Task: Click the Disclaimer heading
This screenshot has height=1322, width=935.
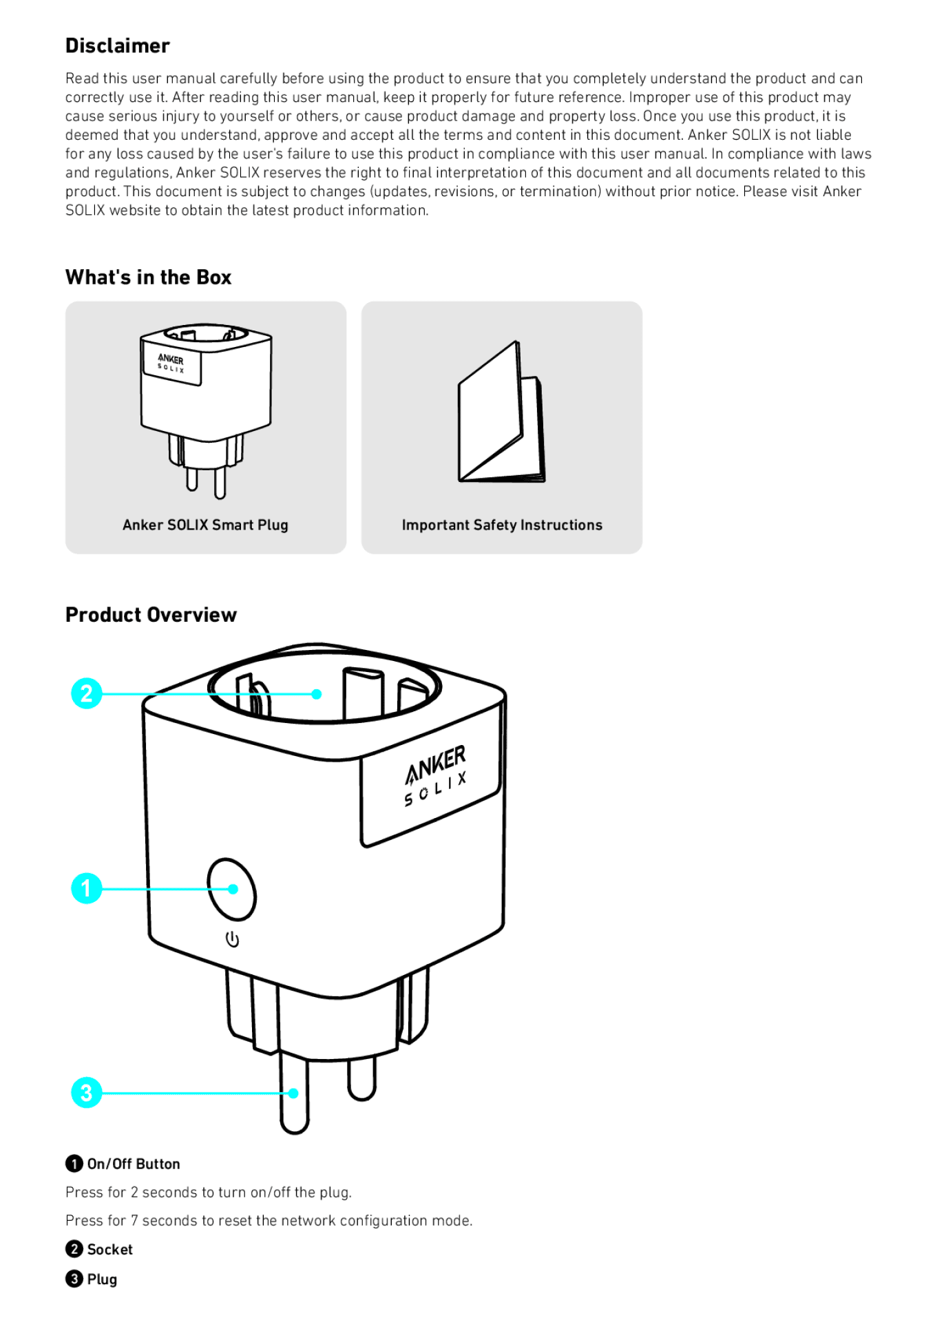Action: [x=117, y=45]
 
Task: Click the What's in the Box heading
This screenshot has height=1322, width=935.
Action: [x=148, y=277]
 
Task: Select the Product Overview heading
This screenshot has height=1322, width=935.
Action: [x=151, y=614]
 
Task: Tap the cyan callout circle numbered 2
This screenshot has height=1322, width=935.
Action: [x=87, y=693]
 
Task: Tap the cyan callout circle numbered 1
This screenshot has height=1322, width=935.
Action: [x=87, y=888]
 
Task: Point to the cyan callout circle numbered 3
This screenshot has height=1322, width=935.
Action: [x=87, y=1092]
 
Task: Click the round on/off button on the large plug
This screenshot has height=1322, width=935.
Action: [x=232, y=889]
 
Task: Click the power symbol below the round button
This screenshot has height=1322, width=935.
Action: [x=233, y=939]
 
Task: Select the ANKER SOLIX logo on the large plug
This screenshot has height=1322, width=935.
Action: [x=435, y=776]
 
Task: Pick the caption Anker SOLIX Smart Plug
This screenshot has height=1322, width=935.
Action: [x=205, y=525]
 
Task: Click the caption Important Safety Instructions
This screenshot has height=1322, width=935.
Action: [x=502, y=525]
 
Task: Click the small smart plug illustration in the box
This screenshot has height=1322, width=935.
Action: [x=205, y=406]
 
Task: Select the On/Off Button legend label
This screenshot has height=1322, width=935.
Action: [x=133, y=1164]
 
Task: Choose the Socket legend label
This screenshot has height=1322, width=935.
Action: [x=109, y=1249]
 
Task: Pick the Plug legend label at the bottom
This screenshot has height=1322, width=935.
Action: [x=102, y=1279]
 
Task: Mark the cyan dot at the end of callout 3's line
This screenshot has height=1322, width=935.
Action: [x=294, y=1093]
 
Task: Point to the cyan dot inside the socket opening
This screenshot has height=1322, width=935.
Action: [x=317, y=694]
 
